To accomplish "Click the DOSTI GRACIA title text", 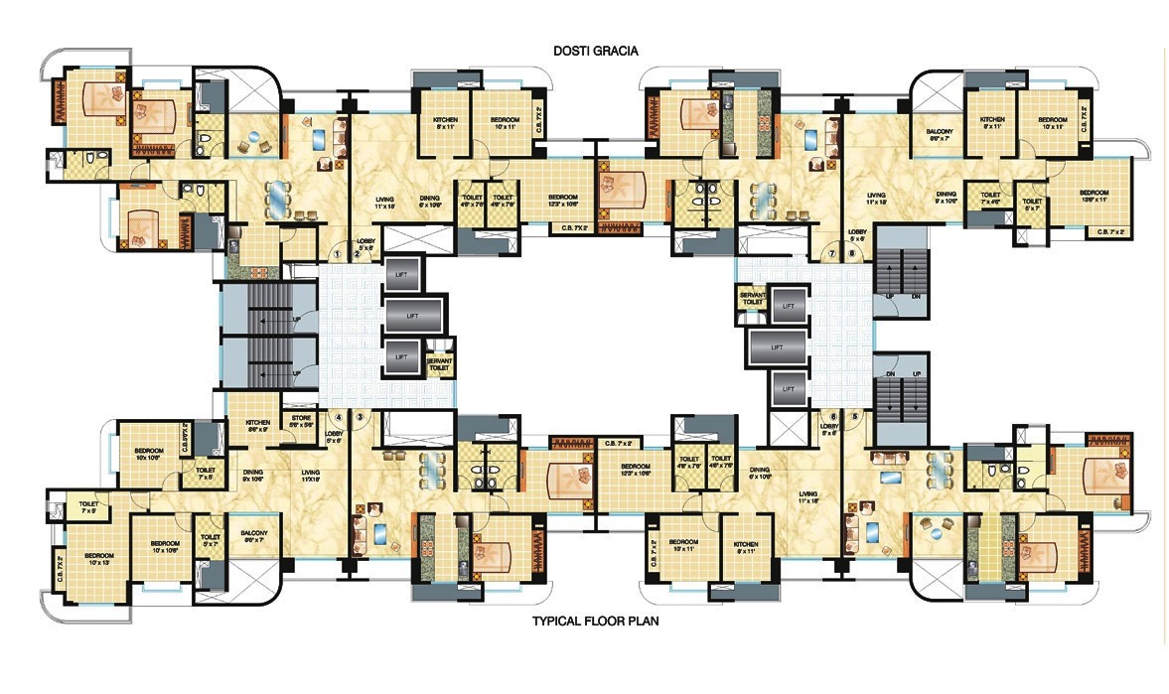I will pyautogui.click(x=595, y=50).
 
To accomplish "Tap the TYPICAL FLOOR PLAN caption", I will pyautogui.click(x=596, y=622).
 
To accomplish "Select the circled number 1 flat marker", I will pyautogui.click(x=338, y=253).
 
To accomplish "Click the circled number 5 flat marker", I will pyautogui.click(x=854, y=416).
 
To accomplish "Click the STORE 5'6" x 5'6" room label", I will pyautogui.click(x=300, y=421).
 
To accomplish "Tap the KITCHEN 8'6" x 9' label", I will pyautogui.click(x=257, y=426).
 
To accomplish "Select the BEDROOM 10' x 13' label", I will pyautogui.click(x=100, y=558).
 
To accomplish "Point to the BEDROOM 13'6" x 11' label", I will pyautogui.click(x=1094, y=196).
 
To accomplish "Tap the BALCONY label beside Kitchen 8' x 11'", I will pyautogui.click(x=937, y=135).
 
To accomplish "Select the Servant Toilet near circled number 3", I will pyautogui.click(x=438, y=363).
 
